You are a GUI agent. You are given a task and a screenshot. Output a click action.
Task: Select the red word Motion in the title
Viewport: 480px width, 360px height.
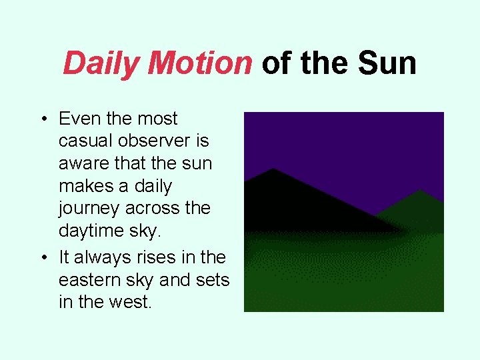200,64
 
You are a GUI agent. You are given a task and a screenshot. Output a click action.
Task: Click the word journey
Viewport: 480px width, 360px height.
87,209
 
